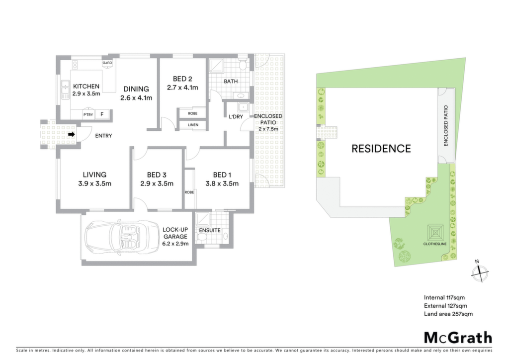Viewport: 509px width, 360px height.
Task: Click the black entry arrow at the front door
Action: coord(72,134)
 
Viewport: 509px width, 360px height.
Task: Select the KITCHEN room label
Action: coord(86,87)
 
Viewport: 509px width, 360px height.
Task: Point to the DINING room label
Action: coord(136,89)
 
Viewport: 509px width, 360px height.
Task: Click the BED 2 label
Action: coord(182,79)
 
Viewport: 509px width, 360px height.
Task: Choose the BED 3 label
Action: coord(157,175)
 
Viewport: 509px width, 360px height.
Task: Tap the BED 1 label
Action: coord(222,175)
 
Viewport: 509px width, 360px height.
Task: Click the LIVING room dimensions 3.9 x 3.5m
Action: coord(94,184)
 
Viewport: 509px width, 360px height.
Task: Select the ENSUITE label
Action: coord(210,230)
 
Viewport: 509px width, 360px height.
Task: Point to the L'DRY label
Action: coord(236,116)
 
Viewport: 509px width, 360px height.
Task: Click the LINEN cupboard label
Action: coord(193,125)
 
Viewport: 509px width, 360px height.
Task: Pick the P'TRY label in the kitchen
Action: coord(88,114)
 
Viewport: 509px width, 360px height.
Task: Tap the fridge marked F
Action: coord(102,114)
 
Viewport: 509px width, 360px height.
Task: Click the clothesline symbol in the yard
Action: coord(435,232)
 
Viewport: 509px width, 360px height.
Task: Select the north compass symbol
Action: coord(480,272)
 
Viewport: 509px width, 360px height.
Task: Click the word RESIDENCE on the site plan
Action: coord(381,149)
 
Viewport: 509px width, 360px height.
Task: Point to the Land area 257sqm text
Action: coord(448,314)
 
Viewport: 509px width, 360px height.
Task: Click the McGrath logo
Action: coord(458,338)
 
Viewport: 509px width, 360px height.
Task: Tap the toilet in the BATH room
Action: coord(242,65)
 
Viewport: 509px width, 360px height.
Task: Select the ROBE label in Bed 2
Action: coord(192,113)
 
